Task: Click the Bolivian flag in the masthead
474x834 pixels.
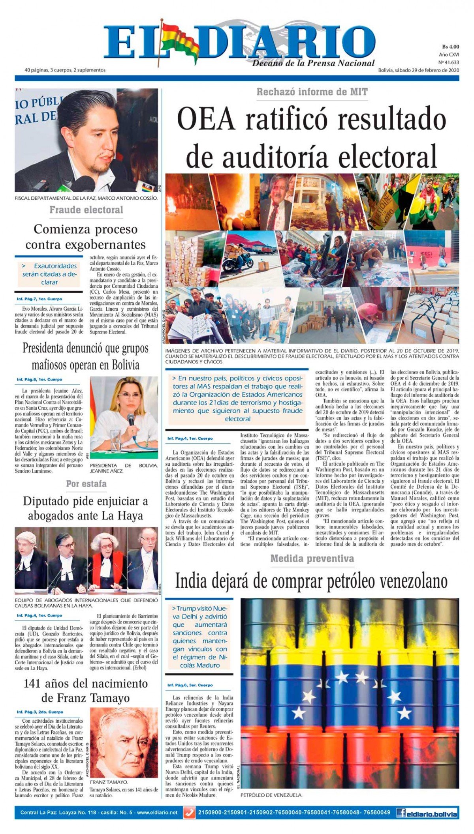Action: (x=180, y=39)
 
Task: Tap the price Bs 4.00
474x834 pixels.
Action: (x=450, y=47)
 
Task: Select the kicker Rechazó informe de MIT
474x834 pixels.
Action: (x=312, y=92)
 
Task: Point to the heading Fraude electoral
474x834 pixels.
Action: (x=86, y=210)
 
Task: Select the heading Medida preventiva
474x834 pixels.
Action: (x=312, y=558)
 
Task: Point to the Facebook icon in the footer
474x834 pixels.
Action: (x=401, y=813)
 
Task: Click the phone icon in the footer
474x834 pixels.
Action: (x=189, y=813)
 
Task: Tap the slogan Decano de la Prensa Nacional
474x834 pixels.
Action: (x=313, y=63)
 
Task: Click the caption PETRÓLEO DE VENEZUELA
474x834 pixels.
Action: (x=271, y=795)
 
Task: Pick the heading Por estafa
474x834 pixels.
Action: (x=86, y=484)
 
